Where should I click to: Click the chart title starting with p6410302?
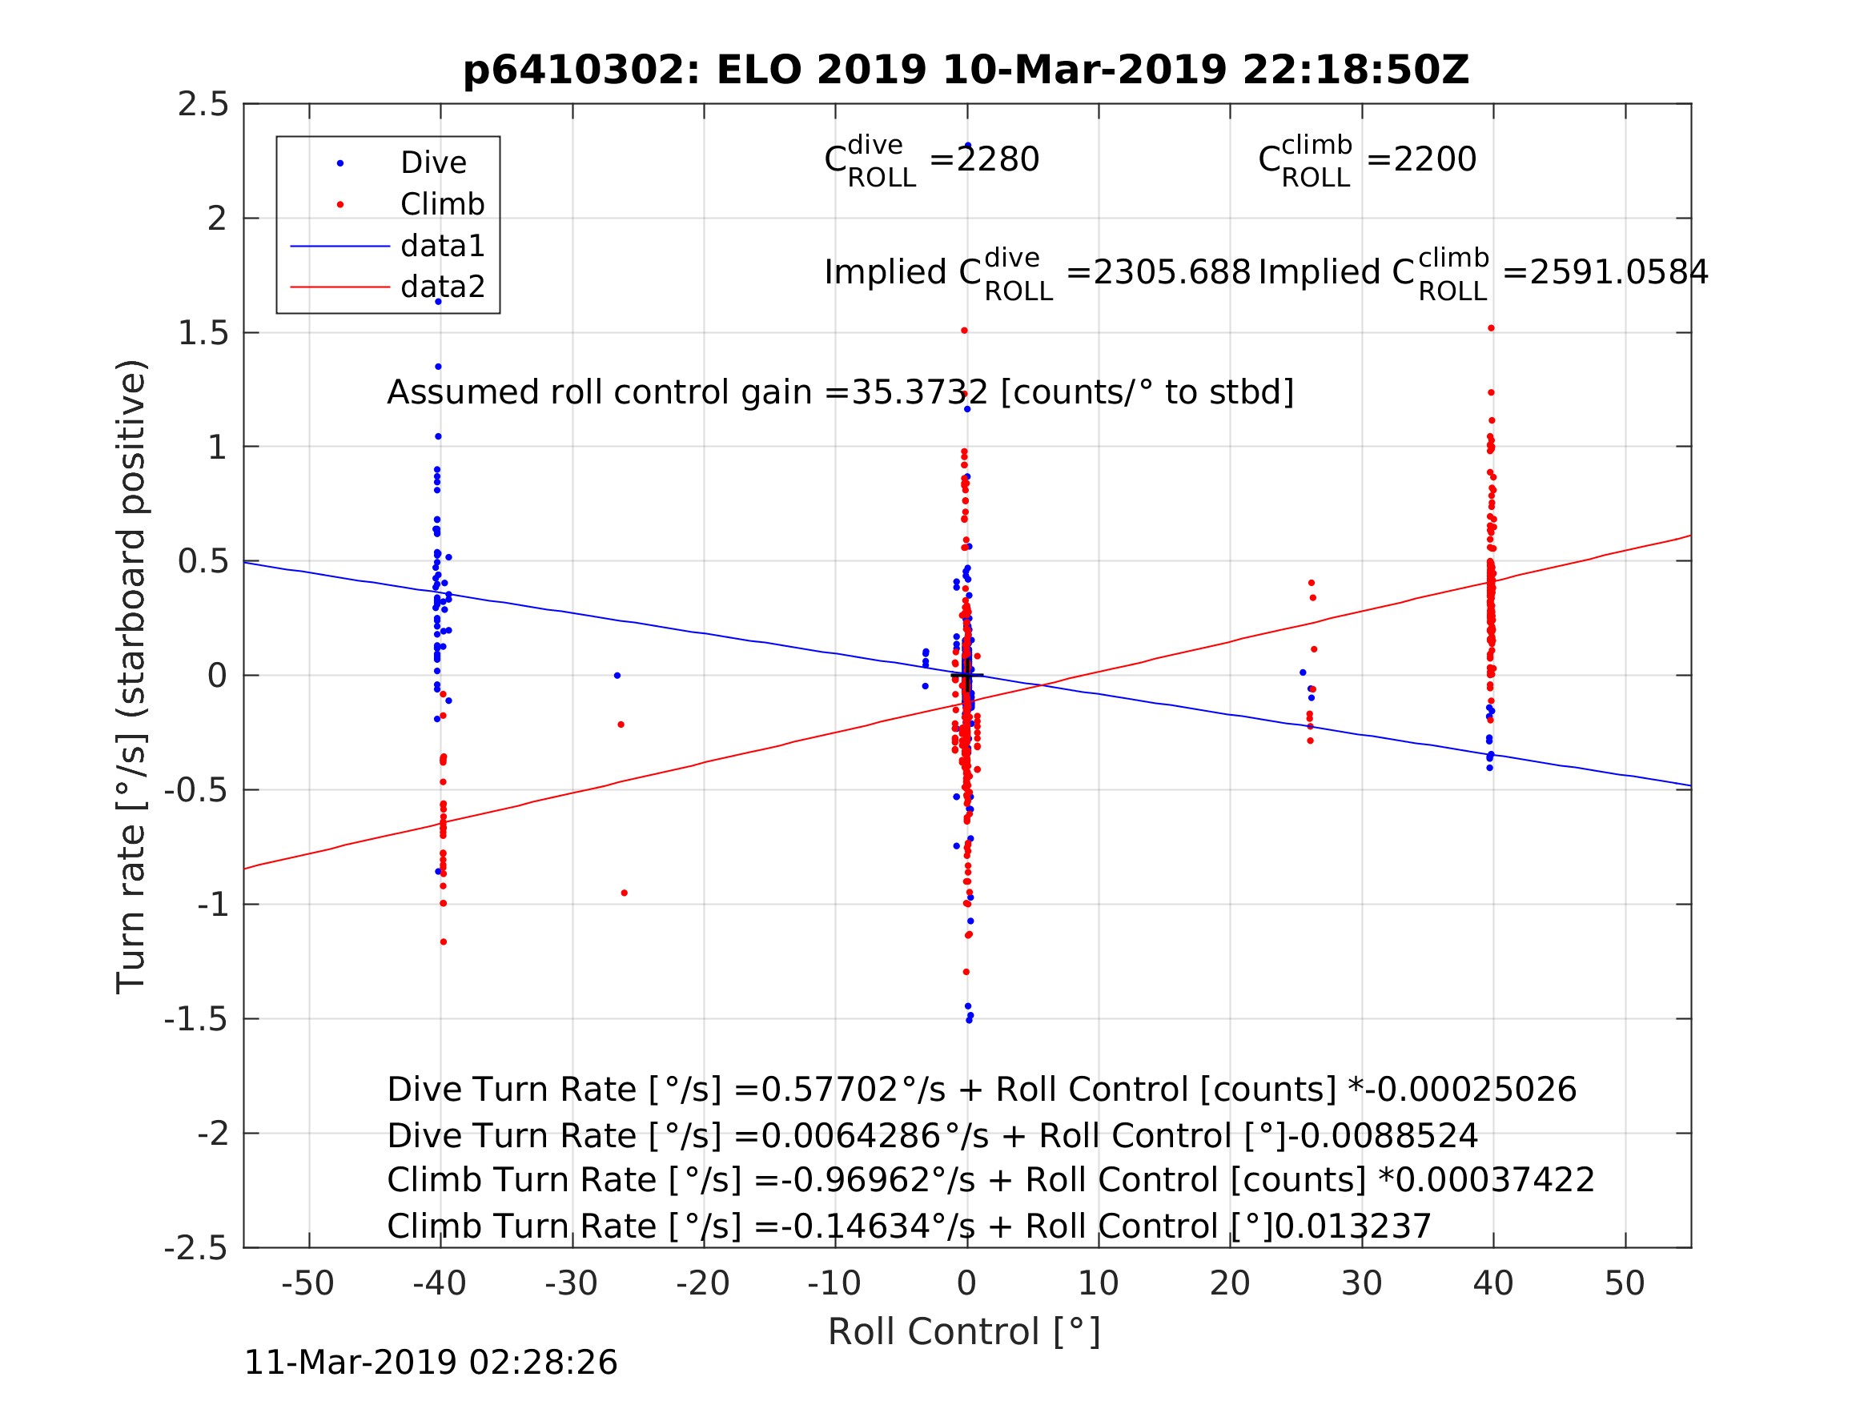click(x=966, y=70)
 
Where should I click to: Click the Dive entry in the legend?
click(x=433, y=163)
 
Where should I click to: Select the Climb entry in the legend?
click(x=442, y=204)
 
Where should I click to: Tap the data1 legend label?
click(x=443, y=246)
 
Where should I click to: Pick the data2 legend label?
click(x=443, y=287)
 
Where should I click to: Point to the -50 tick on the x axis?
click(x=308, y=1283)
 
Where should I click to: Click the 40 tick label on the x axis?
click(x=1493, y=1283)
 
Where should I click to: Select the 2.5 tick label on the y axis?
click(x=203, y=105)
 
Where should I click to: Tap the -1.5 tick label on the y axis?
click(x=196, y=1020)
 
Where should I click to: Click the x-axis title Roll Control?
click(x=963, y=1332)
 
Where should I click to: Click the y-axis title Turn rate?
click(x=132, y=676)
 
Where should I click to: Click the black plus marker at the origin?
click(x=968, y=676)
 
